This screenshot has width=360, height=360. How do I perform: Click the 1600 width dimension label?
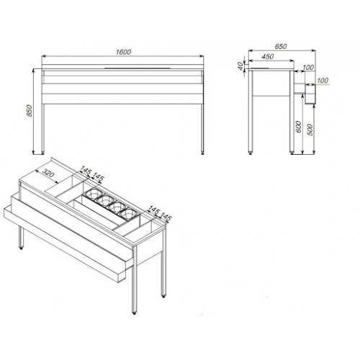pyautogui.click(x=123, y=52)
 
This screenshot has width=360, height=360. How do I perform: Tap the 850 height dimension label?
pyautogui.click(x=29, y=111)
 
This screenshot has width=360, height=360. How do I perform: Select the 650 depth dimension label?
pyautogui.click(x=281, y=46)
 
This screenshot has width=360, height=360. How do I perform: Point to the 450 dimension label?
pyautogui.click(x=267, y=56)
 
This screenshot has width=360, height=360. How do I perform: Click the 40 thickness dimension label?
pyautogui.click(x=240, y=66)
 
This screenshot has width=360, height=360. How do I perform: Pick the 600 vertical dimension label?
pyautogui.click(x=298, y=127)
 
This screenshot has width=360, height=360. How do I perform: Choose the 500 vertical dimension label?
pyautogui.click(x=310, y=130)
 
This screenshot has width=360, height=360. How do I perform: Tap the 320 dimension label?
pyautogui.click(x=48, y=172)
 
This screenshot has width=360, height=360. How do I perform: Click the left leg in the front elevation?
pyautogui.click(x=43, y=128)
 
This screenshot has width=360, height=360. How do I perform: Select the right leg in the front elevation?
pyautogui.click(x=202, y=128)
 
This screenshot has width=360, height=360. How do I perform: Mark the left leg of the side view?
pyautogui.click(x=251, y=112)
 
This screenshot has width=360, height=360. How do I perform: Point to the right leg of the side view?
pyautogui.click(x=292, y=112)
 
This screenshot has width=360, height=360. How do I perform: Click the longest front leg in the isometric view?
pyautogui.click(x=135, y=279)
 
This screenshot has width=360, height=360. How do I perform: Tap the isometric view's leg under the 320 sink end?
pyautogui.click(x=22, y=238)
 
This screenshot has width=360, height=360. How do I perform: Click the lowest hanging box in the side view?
pyautogui.click(x=310, y=94)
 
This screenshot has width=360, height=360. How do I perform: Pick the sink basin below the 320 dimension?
pyautogui.click(x=63, y=186)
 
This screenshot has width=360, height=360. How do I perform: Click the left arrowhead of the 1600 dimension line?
pyautogui.click(x=44, y=56)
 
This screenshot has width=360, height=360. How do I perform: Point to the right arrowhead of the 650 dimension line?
pyautogui.click(x=313, y=50)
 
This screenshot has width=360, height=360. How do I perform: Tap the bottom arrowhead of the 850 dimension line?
pyautogui.click(x=33, y=152)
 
